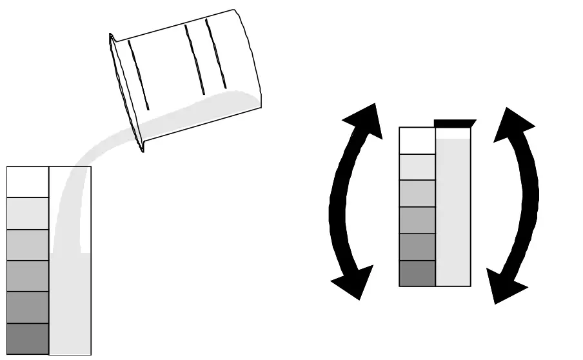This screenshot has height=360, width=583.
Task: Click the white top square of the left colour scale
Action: tap(28, 181)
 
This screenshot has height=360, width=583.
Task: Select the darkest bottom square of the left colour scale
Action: tap(28, 339)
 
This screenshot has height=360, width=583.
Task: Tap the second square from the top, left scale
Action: tap(28, 213)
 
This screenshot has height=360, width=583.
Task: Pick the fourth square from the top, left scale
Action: tap(28, 276)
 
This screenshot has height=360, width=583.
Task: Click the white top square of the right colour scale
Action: tap(417, 141)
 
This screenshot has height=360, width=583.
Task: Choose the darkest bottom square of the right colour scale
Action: tap(417, 273)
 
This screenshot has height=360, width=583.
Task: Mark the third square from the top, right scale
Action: tap(417, 194)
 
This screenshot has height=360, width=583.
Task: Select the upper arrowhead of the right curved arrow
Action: tap(513, 123)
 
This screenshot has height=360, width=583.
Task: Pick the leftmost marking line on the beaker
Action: tap(138, 74)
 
